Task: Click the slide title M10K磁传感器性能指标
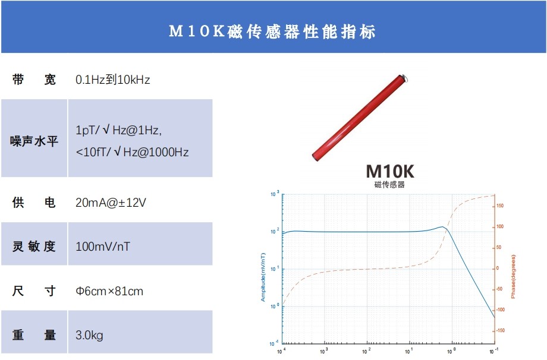[x=273, y=31]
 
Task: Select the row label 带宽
[x=34, y=80]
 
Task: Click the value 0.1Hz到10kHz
[x=113, y=80]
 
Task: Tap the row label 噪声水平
[x=34, y=141]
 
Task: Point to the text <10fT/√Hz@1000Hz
[x=132, y=152]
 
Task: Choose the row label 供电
[x=34, y=203]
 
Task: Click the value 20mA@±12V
[x=111, y=203]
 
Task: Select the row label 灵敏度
[x=34, y=246]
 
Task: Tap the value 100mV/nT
[x=103, y=246]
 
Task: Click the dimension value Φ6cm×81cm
[x=109, y=291]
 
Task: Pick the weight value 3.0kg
[x=89, y=335]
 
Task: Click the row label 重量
[x=34, y=335]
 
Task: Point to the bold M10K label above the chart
[x=389, y=171]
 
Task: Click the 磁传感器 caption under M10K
[x=389, y=185]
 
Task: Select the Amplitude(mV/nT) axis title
[x=263, y=277]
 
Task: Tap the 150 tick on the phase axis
[x=500, y=206]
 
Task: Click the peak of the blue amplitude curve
[x=443, y=226]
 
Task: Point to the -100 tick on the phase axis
[x=500, y=310]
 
